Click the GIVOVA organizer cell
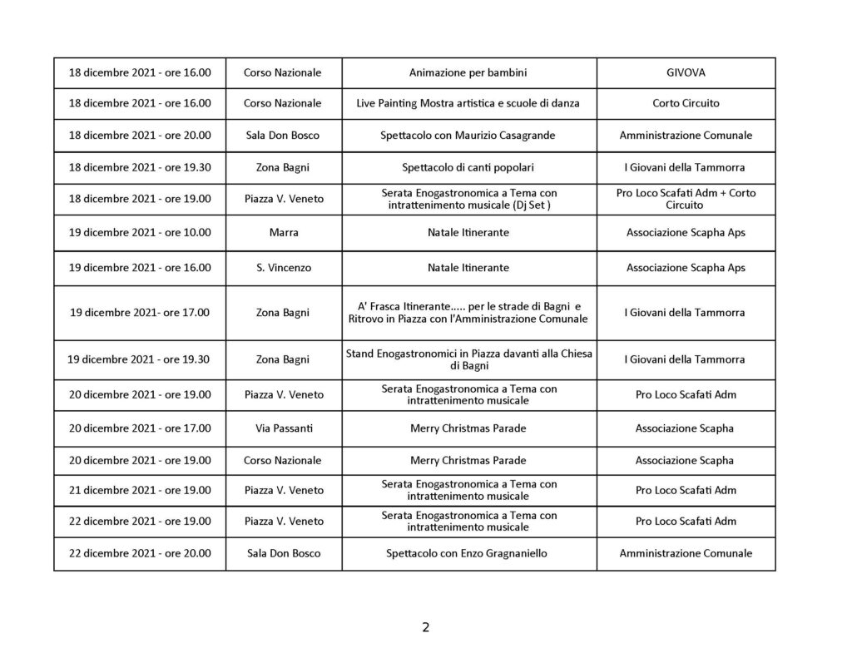pyautogui.click(x=686, y=72)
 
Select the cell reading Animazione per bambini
pyautogui.click(x=468, y=72)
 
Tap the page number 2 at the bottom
pyautogui.click(x=426, y=627)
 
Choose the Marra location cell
pyautogui.click(x=283, y=233)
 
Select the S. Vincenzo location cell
pyautogui.click(x=283, y=268)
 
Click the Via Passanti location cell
pyautogui.click(x=283, y=428)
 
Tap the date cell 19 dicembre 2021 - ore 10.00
pyautogui.click(x=140, y=233)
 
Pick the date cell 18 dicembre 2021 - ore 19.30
pyautogui.click(x=140, y=167)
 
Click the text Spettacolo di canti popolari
pyautogui.click(x=468, y=167)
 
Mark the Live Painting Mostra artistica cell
pyautogui.click(x=468, y=103)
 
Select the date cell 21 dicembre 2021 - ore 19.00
pyautogui.click(x=140, y=490)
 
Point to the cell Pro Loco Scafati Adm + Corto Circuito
pyautogui.click(x=686, y=199)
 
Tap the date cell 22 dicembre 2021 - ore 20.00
pyautogui.click(x=140, y=553)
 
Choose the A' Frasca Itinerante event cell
pyautogui.click(x=468, y=313)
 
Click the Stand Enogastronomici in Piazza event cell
pyautogui.click(x=468, y=359)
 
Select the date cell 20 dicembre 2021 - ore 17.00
pyautogui.click(x=140, y=428)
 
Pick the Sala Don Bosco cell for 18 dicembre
pyautogui.click(x=283, y=136)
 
